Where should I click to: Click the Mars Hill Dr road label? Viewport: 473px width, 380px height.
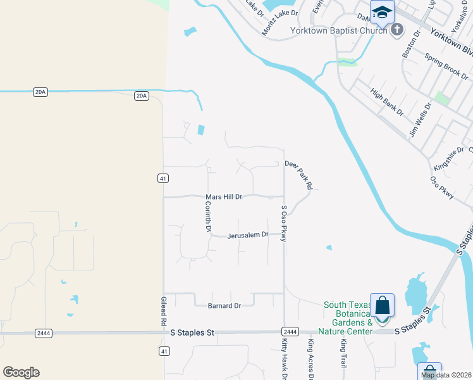224,197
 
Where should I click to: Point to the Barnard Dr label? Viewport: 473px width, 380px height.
224,306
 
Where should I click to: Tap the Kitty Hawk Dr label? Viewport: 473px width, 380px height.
284,358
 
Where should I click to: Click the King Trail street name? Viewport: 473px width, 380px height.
343,354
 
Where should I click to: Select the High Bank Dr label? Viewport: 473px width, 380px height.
387,103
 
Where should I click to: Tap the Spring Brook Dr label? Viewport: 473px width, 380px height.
446,65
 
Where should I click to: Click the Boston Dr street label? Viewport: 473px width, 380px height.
411,44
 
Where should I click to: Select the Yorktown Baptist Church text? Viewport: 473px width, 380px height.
338,30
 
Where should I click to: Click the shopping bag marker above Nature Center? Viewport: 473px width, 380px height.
383,305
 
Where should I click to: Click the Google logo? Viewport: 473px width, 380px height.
21,372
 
